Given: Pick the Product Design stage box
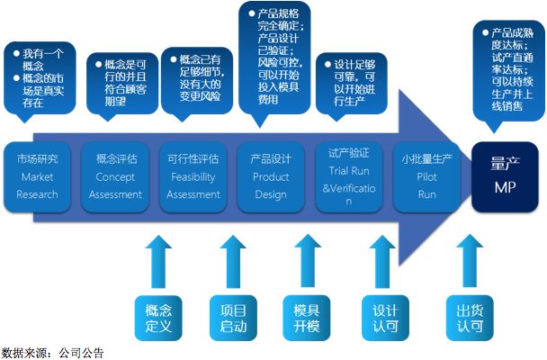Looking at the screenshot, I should (271, 175).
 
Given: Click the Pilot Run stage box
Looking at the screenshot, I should (427, 175).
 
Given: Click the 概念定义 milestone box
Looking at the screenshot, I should (157, 318).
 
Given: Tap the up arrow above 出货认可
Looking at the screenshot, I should (468, 260).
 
